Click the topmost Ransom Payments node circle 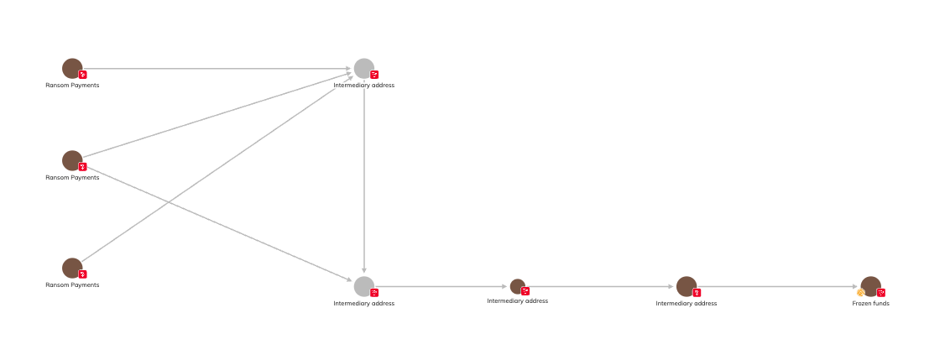point(72,68)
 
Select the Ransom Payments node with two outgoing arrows point(72,160)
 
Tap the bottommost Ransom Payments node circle point(72,268)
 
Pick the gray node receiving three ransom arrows point(363,68)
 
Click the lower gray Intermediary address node point(363,286)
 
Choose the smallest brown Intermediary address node point(517,286)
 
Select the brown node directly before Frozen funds point(686,286)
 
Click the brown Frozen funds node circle point(871,285)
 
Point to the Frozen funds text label point(870,304)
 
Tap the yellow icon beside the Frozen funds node point(860,293)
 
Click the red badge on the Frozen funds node point(881,293)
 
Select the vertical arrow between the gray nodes point(363,176)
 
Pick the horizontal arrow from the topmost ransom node point(218,69)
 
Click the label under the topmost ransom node point(72,86)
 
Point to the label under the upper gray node point(363,86)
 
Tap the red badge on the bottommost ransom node point(82,274)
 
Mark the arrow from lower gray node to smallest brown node point(441,286)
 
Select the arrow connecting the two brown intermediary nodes point(600,286)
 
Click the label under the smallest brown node point(517,301)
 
